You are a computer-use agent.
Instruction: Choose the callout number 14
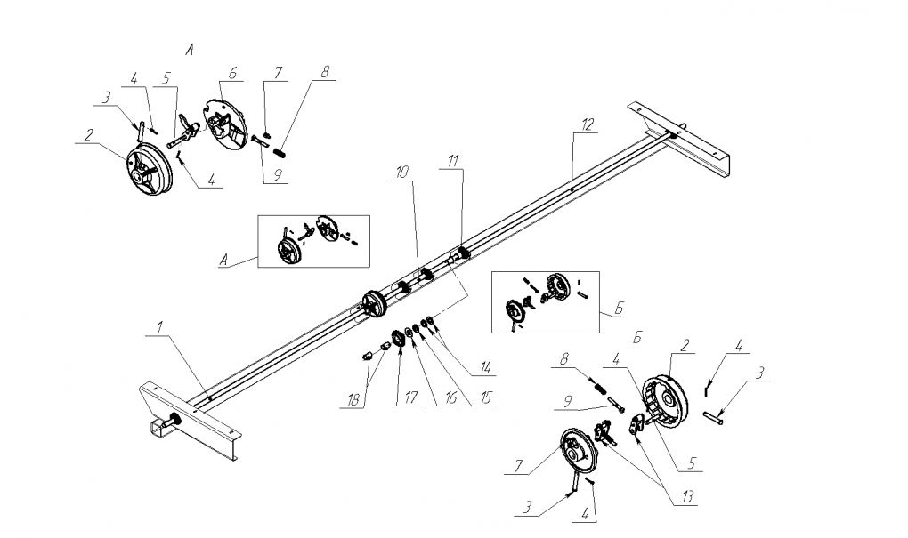point(485,365)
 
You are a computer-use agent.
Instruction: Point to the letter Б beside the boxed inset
point(619,312)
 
